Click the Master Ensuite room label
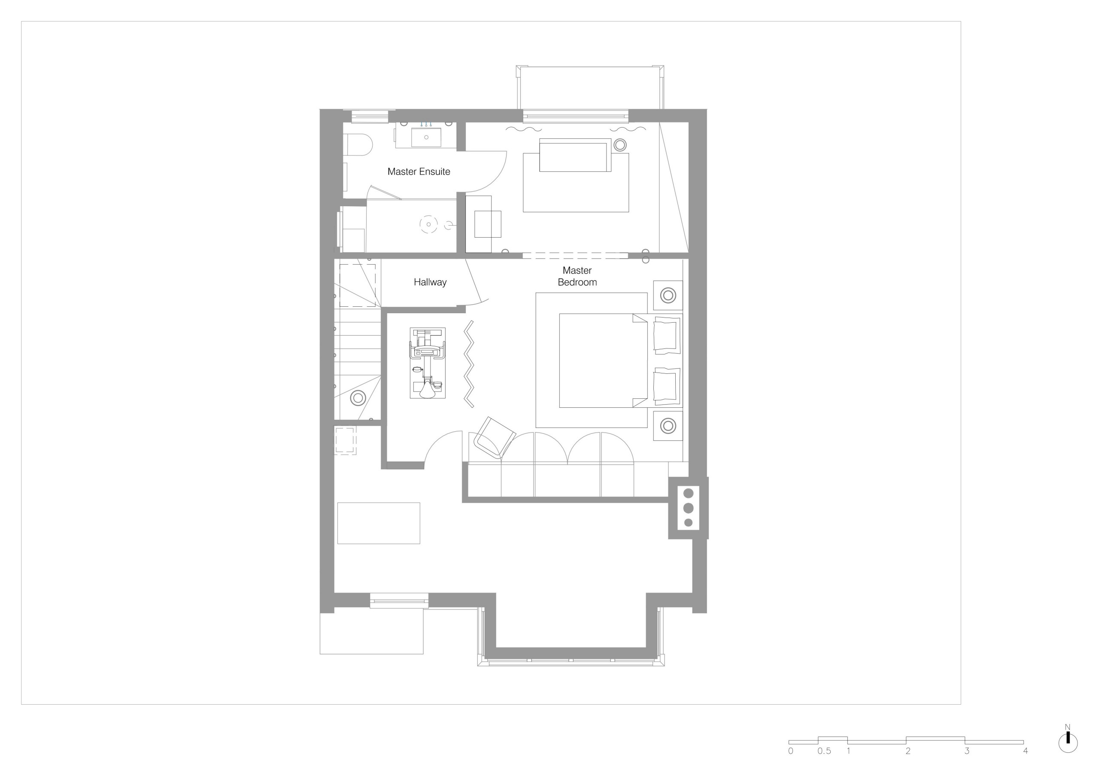click(x=419, y=171)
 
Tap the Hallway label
click(x=430, y=282)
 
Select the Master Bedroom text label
click(x=577, y=276)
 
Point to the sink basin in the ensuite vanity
click(x=426, y=137)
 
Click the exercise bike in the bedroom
click(x=428, y=363)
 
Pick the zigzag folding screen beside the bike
click(x=469, y=364)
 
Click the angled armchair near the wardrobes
click(x=494, y=437)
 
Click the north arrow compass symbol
click(x=1068, y=743)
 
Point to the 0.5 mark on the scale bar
click(x=824, y=751)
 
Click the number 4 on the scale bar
click(x=1025, y=751)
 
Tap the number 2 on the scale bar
click(x=908, y=751)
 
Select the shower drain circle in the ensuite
click(x=428, y=224)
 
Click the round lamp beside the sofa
click(x=620, y=145)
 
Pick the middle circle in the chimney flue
click(x=689, y=508)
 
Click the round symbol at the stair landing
click(x=358, y=397)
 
